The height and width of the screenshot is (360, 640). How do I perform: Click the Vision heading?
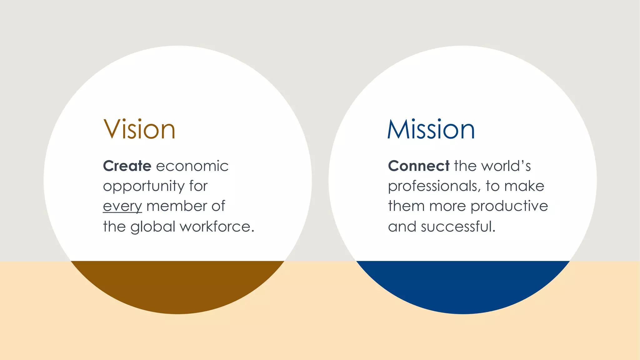pos(139,129)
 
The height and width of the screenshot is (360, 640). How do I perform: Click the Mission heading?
pos(431,129)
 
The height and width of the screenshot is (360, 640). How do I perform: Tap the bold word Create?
pos(127,166)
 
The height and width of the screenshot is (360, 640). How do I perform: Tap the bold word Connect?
pos(418,166)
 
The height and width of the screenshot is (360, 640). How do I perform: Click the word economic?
pos(192,166)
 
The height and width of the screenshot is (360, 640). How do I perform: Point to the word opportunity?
pos(144,187)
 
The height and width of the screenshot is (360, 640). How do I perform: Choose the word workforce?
pos(217,227)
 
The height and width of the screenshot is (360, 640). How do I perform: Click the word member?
pos(177,206)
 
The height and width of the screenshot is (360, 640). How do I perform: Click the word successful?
pos(458,227)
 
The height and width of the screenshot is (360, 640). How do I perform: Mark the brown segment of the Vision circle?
pos(177,286)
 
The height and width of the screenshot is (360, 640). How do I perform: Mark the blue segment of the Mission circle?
pos(463,286)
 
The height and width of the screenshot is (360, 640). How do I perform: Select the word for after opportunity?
pos(198,186)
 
